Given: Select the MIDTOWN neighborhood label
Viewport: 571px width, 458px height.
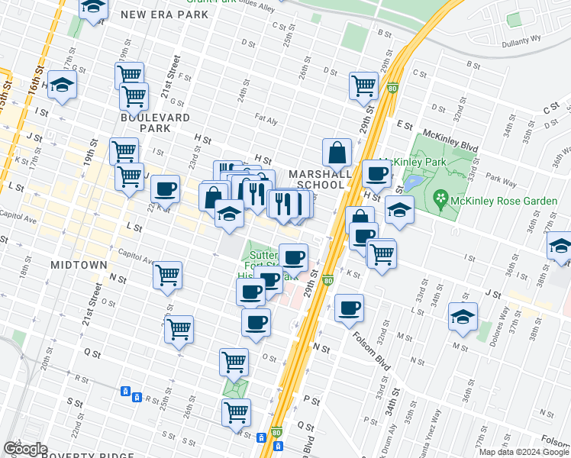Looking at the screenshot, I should click(x=79, y=264).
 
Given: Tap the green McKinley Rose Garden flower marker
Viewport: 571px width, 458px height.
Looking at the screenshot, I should click(x=440, y=200).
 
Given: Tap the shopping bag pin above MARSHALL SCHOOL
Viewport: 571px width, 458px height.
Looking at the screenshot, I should click(x=337, y=153).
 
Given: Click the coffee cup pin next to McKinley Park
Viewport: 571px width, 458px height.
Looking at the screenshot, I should click(x=376, y=174).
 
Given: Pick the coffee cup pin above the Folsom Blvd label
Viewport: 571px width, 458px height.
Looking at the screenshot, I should click(x=349, y=308).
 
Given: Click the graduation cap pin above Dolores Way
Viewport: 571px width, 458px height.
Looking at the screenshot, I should click(x=463, y=316).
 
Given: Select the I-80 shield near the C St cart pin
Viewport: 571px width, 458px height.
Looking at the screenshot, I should click(x=392, y=88).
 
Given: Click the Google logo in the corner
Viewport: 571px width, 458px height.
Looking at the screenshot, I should click(x=25, y=449).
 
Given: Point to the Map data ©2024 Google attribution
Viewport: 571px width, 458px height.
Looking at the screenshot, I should click(x=524, y=452).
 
